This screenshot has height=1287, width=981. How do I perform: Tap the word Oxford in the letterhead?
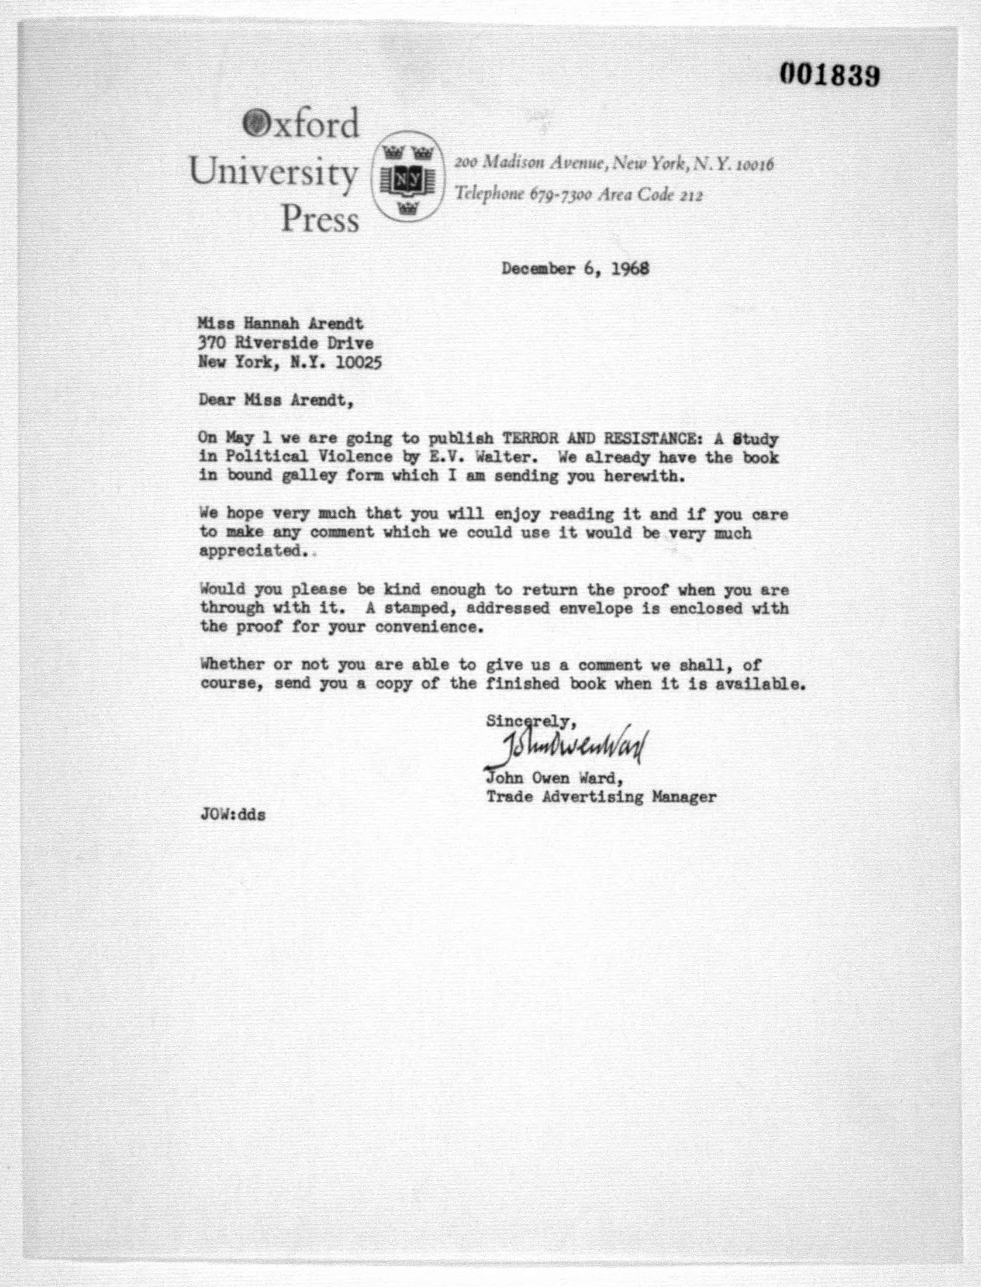click(x=301, y=124)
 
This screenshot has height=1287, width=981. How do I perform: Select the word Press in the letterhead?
click(x=320, y=220)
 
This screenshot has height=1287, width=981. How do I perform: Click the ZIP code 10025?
click(x=359, y=363)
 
